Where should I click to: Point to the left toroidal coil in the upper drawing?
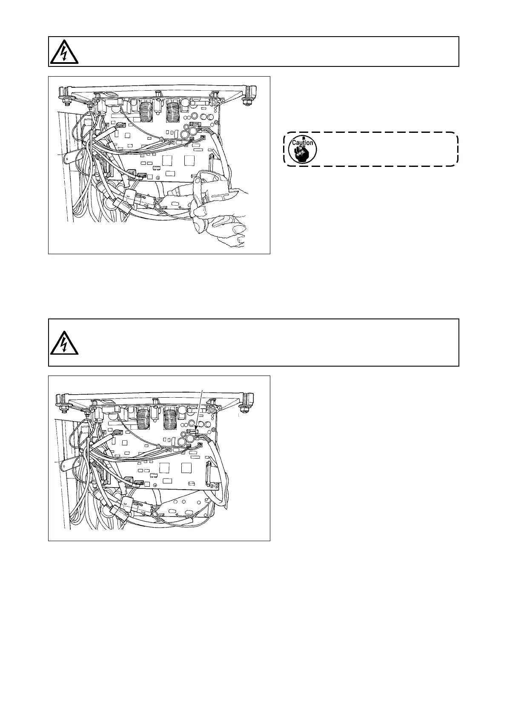[146, 110]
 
